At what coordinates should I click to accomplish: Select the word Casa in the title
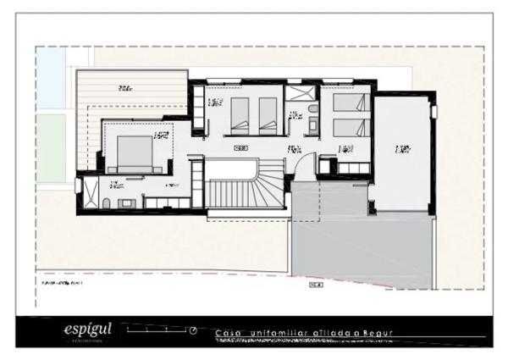tap(227, 332)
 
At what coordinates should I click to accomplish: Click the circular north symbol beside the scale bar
tap(193, 330)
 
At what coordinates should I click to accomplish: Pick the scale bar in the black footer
tap(157, 328)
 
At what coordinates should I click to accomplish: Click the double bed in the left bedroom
tap(134, 152)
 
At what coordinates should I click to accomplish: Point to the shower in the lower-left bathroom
tap(88, 192)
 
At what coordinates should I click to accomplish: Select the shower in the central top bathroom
tap(299, 93)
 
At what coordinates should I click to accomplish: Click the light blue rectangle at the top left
tap(50, 77)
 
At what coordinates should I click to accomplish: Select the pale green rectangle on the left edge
tap(50, 148)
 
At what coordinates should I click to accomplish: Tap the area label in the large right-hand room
tap(402, 149)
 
